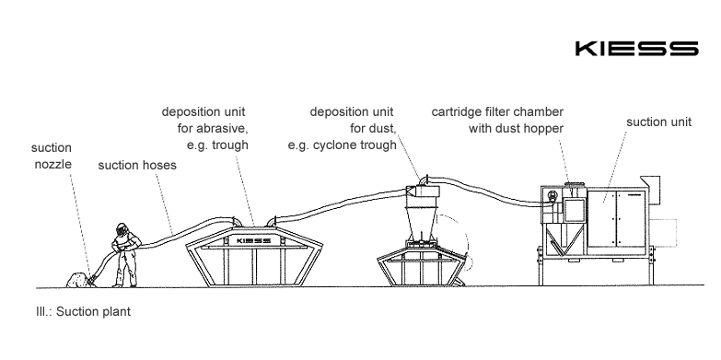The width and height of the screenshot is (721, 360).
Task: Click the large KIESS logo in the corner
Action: click(x=637, y=48)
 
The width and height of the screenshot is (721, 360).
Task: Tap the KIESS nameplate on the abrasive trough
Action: click(x=253, y=240)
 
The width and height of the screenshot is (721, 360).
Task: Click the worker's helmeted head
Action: click(x=122, y=229)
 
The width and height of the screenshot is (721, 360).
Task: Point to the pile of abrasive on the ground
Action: click(x=78, y=280)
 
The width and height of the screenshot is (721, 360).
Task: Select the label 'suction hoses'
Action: click(x=137, y=165)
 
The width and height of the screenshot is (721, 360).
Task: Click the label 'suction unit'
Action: click(x=658, y=122)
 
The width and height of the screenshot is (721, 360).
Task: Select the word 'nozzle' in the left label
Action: click(x=52, y=164)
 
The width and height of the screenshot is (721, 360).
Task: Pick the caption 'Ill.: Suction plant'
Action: click(x=83, y=311)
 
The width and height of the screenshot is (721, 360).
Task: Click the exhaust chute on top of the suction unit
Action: click(x=650, y=183)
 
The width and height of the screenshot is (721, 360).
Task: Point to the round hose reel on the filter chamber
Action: click(x=552, y=196)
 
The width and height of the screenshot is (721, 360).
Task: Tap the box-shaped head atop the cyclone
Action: click(x=423, y=192)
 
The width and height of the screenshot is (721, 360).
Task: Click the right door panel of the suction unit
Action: click(x=631, y=219)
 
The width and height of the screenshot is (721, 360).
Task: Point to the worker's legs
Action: click(x=125, y=268)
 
